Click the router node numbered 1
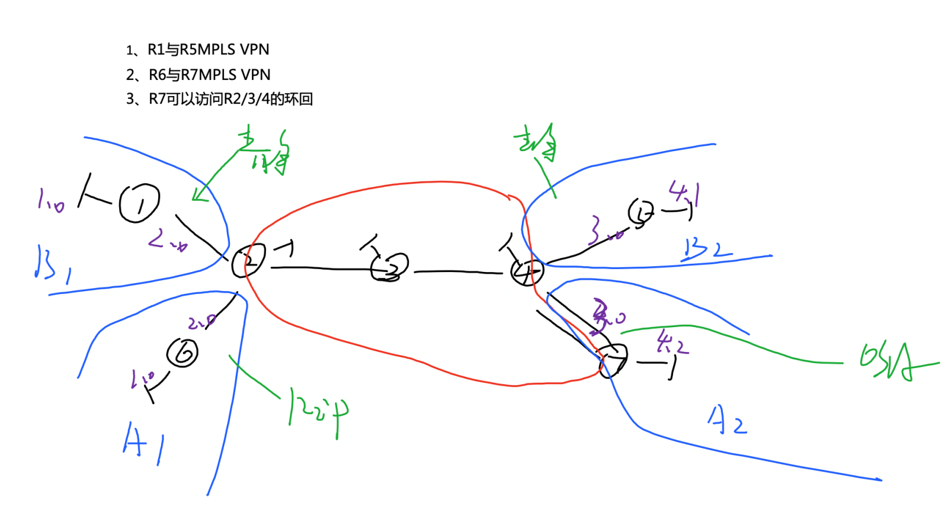(x=139, y=203)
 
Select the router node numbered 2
(x=248, y=261)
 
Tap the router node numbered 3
(x=390, y=267)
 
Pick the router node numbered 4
(x=526, y=272)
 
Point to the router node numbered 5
(x=641, y=213)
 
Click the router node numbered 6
(x=182, y=353)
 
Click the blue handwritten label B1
(x=53, y=264)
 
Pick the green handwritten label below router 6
(x=317, y=409)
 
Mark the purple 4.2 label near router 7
(x=671, y=342)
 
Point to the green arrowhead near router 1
(x=198, y=194)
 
